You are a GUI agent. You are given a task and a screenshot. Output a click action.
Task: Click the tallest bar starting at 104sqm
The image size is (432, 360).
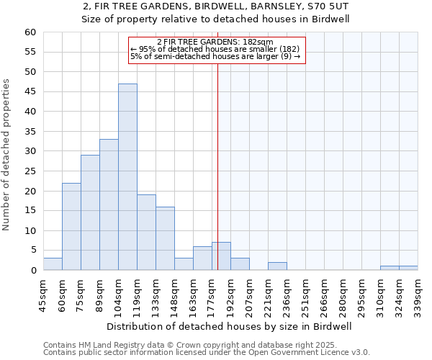[127, 177]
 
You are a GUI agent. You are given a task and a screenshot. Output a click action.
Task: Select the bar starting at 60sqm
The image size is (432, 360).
[71, 227]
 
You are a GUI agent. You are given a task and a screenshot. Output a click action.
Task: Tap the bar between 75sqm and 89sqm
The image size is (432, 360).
[90, 212]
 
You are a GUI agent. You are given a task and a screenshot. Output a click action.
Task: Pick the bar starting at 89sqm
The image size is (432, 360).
[109, 204]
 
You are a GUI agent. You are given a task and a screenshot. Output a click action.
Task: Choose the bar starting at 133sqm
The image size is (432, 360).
[165, 238]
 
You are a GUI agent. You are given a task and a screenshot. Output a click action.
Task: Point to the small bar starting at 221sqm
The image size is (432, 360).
[277, 266]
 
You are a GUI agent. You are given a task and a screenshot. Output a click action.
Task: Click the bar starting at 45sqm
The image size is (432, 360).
[53, 264]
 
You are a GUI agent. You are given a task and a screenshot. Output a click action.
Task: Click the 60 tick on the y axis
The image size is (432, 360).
[30, 32]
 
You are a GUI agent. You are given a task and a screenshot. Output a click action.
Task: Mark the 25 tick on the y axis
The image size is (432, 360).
[30, 171]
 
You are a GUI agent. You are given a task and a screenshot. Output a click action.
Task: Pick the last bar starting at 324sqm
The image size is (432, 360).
[408, 268]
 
